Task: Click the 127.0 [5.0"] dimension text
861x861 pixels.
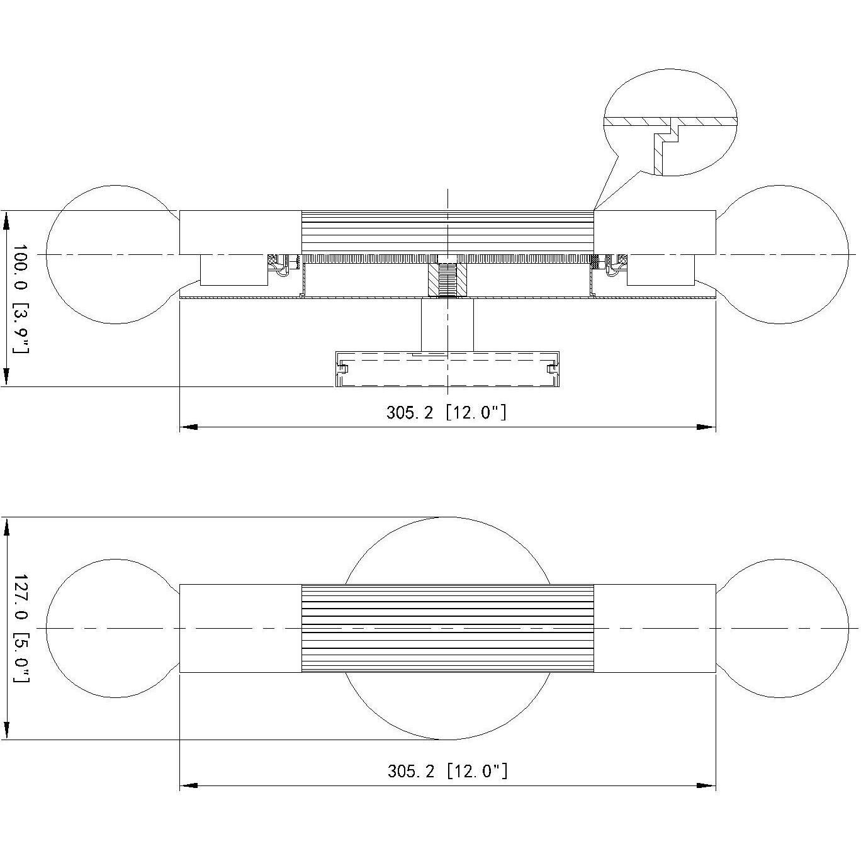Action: click(20, 628)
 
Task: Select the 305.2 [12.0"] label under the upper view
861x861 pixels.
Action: click(446, 412)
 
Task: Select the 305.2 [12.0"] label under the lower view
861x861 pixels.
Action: click(447, 770)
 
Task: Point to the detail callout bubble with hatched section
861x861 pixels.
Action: click(670, 123)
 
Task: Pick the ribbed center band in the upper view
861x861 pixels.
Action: click(447, 232)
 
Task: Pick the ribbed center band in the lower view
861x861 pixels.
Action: click(447, 628)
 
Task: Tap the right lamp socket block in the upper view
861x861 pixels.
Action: click(661, 271)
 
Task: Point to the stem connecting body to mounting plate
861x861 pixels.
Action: click(447, 324)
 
